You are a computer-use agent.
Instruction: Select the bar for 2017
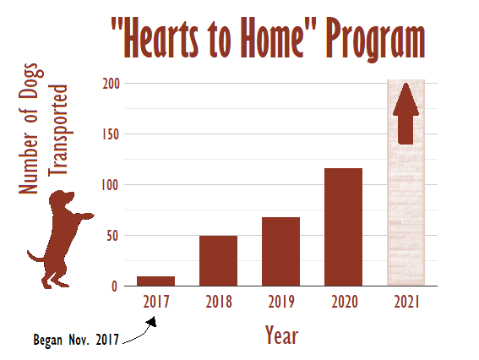tap(155, 281)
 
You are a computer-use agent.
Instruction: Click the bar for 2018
tap(218, 260)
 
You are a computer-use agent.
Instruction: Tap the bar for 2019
tap(280, 252)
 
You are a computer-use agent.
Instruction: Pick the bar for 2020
tap(343, 227)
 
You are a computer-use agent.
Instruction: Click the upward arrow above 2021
tap(406, 114)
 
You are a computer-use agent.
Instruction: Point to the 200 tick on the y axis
tap(111, 84)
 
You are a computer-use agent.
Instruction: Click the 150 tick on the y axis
tap(111, 134)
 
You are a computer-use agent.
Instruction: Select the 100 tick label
tap(111, 185)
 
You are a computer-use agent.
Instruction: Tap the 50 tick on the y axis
tap(112, 236)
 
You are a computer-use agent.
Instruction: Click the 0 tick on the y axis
tap(115, 286)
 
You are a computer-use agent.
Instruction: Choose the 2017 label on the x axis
tap(156, 302)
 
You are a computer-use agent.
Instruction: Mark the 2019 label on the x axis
tap(281, 302)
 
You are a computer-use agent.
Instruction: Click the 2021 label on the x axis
tap(406, 302)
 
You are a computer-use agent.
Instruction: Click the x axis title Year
tap(281, 335)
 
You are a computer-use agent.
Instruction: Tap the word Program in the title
tap(375, 39)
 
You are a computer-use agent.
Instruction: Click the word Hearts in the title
tap(161, 38)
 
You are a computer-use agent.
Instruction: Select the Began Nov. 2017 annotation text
tap(76, 340)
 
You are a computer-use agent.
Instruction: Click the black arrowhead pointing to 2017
tap(152, 322)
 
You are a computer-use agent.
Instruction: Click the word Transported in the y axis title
tap(57, 129)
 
